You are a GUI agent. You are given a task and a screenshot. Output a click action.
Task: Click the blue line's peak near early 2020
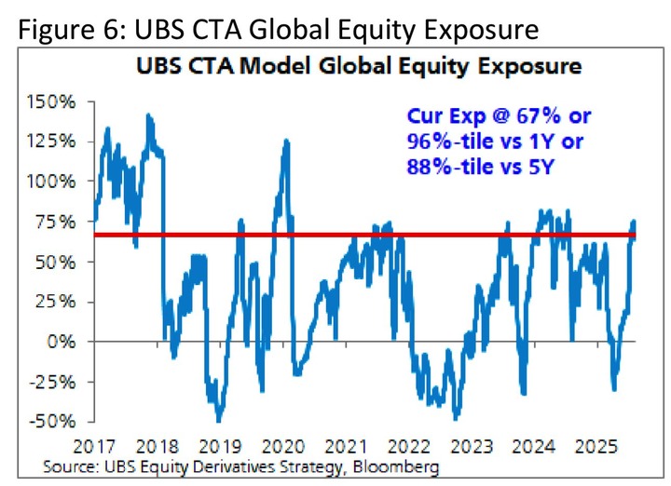point(285,141)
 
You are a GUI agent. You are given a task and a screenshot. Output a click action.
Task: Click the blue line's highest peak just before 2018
point(148,115)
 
